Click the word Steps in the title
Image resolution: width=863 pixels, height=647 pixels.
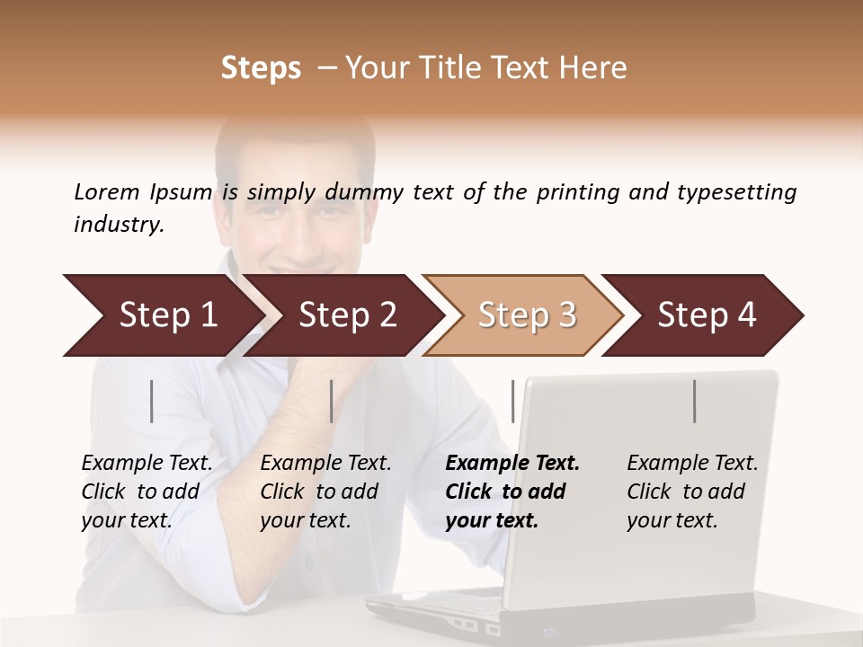261,68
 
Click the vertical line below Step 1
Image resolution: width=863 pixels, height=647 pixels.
152,401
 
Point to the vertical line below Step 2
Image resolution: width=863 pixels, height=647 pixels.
332,401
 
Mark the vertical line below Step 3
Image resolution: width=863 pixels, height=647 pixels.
513,401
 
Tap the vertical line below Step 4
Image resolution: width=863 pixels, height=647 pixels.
695,401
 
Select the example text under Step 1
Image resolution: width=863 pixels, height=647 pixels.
147,492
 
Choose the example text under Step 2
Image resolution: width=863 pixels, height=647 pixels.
325,492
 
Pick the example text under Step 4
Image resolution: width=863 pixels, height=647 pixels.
692,492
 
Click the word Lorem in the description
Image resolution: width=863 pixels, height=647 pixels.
106,191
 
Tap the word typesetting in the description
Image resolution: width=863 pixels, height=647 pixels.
736,191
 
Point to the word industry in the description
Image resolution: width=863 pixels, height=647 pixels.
117,225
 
